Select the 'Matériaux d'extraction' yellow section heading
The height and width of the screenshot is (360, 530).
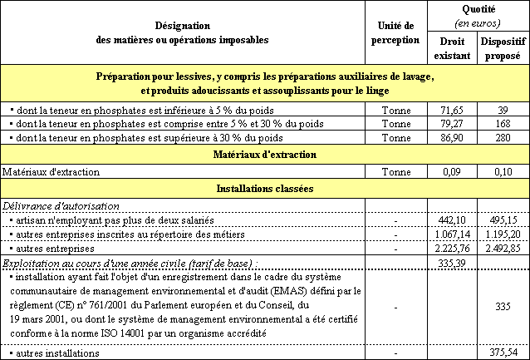tap(265, 154)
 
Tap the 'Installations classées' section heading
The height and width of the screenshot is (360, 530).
tap(265, 189)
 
